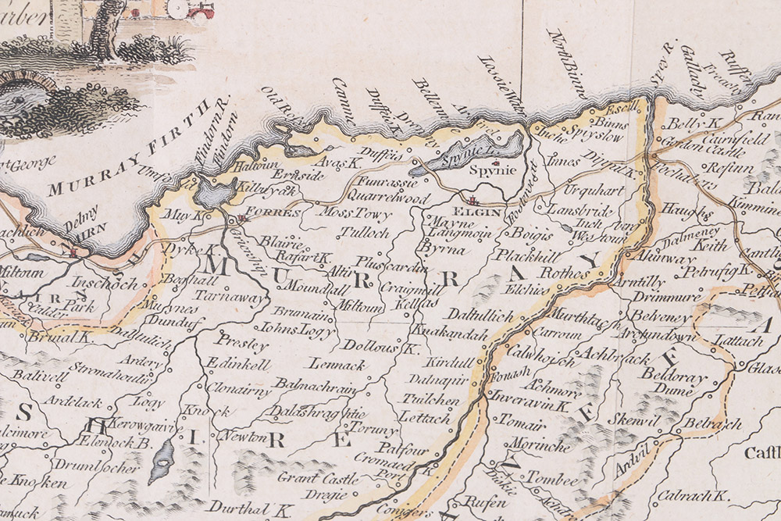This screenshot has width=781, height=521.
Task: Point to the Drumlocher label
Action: pos(107,468)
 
